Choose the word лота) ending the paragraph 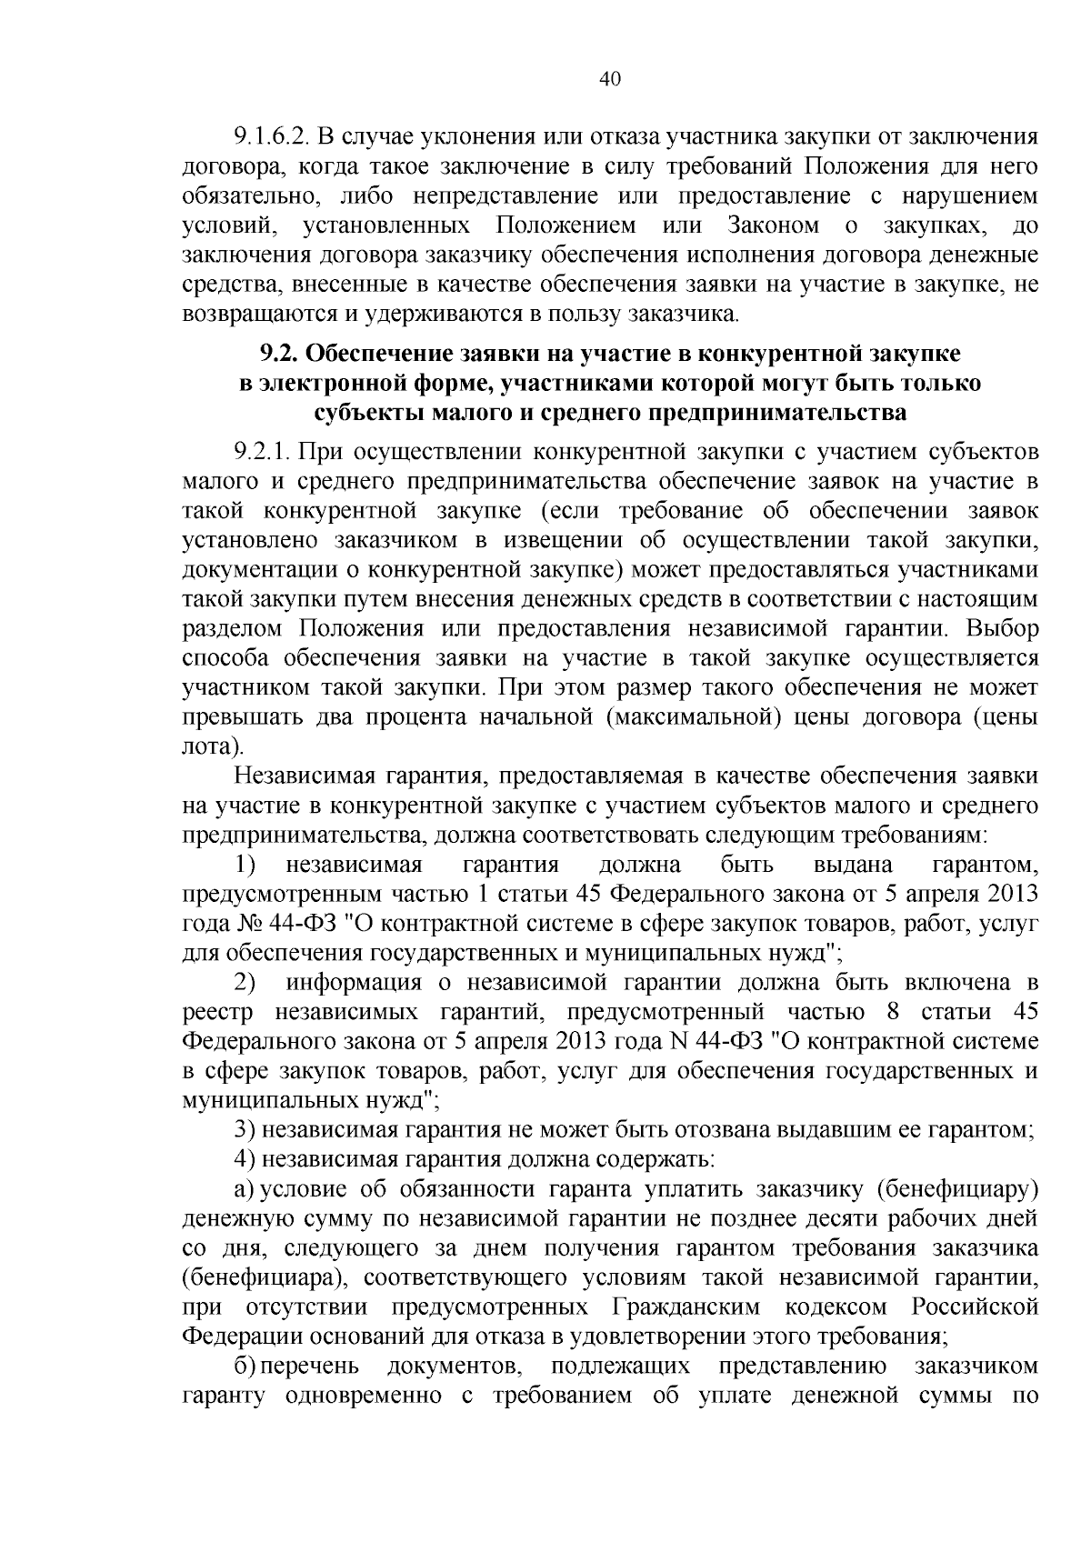tap(213, 746)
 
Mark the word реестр tap(217, 1011)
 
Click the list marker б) tap(244, 1365)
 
